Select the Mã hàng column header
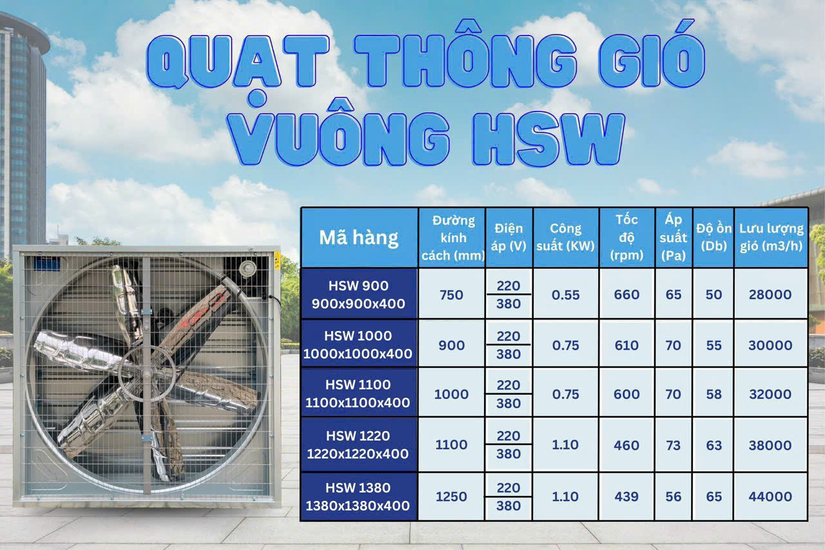359,238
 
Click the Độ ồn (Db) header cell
713,238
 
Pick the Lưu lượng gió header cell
771,238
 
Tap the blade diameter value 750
451,294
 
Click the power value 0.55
566,294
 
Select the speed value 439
626,497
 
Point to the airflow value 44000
770,497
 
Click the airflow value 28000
770,294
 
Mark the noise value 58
713,394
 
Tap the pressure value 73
673,444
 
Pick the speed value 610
626,345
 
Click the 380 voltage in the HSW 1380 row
509,506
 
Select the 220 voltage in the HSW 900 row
509,285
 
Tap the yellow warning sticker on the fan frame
277,261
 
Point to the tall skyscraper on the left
23,129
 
